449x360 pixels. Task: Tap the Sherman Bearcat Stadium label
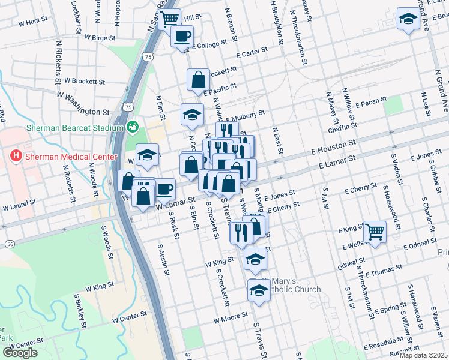(x=74, y=127)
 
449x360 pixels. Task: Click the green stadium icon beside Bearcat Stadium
(x=133, y=127)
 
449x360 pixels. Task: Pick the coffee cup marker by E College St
(x=182, y=36)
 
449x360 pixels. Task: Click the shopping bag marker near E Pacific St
(x=198, y=80)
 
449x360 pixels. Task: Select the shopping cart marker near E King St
(x=375, y=230)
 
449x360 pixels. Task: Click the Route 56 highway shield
(x=10, y=244)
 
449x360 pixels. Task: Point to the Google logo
(x=20, y=353)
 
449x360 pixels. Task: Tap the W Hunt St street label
(x=33, y=21)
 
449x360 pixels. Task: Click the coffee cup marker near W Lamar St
(x=164, y=190)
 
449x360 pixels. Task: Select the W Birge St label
(x=100, y=37)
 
